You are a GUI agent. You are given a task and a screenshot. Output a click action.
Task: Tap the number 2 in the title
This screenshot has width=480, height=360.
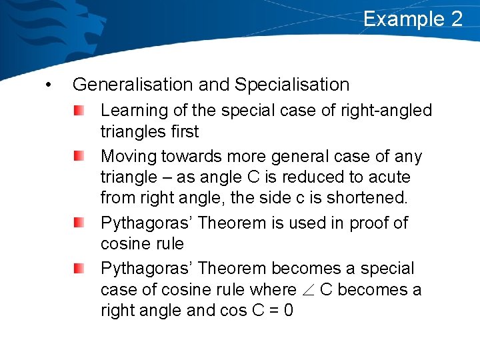[x=457, y=19]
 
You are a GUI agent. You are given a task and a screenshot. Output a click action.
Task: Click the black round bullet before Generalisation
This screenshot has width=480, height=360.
[x=47, y=85]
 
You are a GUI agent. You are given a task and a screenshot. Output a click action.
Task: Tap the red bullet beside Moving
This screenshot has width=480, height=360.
[x=79, y=156]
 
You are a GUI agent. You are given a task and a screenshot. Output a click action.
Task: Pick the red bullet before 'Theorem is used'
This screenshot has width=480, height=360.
[x=79, y=223]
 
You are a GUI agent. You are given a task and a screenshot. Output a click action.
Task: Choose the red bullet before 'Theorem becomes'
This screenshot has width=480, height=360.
[x=79, y=269]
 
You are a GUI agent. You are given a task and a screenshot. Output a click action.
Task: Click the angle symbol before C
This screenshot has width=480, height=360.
[x=308, y=290]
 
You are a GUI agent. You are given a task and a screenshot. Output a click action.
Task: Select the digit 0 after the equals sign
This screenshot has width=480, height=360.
[x=288, y=311]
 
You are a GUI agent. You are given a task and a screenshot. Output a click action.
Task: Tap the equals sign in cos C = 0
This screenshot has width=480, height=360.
[x=272, y=311]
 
